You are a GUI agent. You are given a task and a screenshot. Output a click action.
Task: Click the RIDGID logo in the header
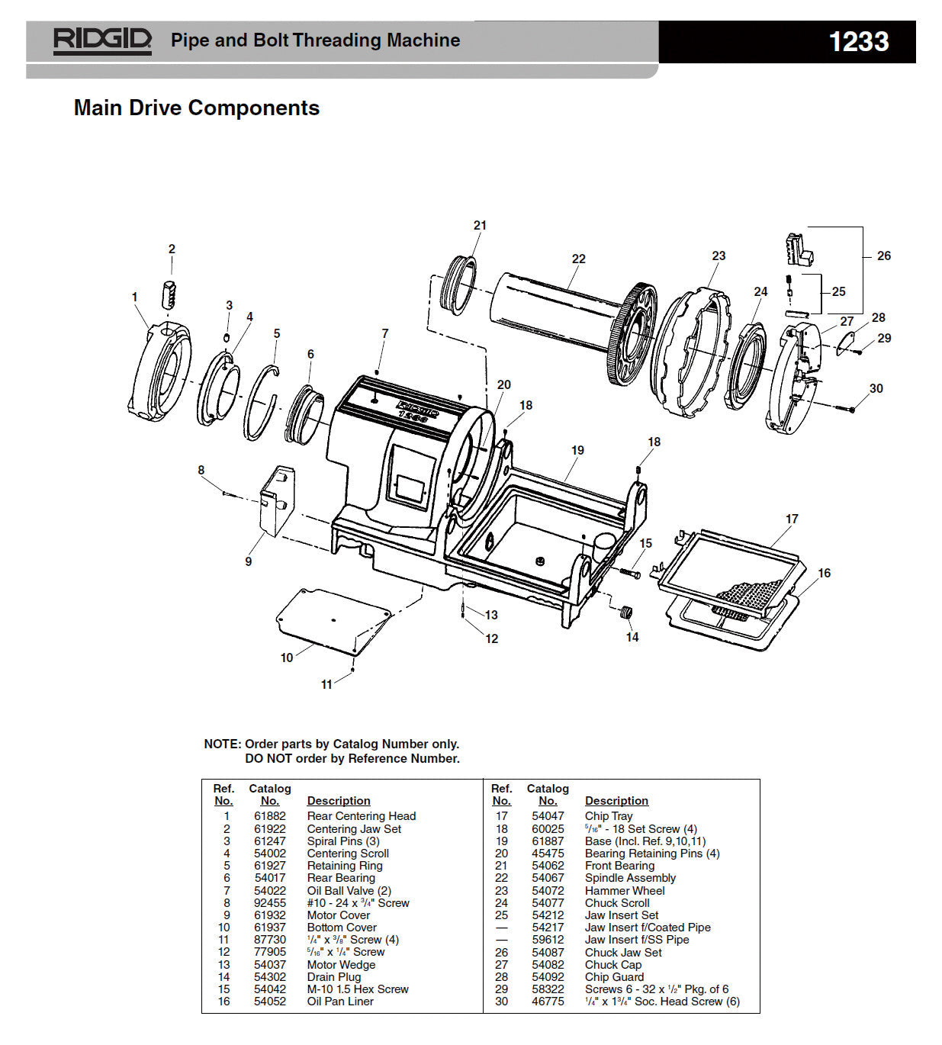(102, 40)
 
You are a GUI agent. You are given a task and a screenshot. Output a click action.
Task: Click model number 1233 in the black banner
(858, 42)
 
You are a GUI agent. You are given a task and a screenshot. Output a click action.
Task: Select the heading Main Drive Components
(197, 108)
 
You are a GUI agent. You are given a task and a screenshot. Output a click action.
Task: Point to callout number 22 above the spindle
(579, 259)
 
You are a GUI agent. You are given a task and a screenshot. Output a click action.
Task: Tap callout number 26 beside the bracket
(883, 256)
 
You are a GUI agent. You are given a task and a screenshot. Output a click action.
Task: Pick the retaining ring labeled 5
(262, 402)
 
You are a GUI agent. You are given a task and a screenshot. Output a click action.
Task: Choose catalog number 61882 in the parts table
(270, 816)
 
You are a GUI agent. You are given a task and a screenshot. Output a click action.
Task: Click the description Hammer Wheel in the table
(625, 890)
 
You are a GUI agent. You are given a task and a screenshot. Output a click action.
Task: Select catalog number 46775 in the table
(548, 1002)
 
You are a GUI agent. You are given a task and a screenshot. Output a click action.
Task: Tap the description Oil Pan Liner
(340, 1002)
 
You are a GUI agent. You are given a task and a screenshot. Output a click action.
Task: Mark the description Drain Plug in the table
(334, 976)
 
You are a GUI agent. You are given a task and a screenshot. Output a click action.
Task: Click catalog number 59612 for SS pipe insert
(548, 940)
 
